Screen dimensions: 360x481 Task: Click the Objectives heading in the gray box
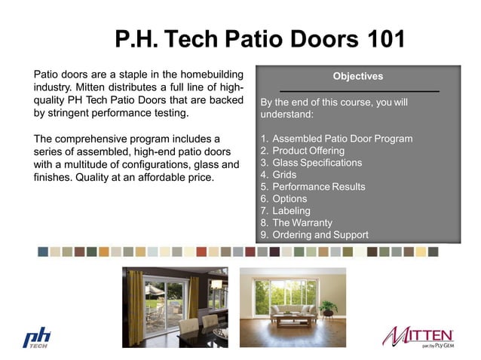pyautogui.click(x=357, y=76)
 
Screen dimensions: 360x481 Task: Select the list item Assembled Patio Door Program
pyautogui.click(x=342, y=139)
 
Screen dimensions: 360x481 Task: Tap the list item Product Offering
pyautogui.click(x=308, y=151)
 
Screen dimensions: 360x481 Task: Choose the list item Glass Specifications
pyautogui.click(x=317, y=163)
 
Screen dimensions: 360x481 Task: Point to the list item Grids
pyautogui.click(x=286, y=175)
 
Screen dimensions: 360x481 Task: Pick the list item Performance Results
pyautogui.click(x=318, y=187)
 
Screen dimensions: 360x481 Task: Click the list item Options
pyautogui.click(x=290, y=199)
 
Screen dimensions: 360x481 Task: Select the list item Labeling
pyautogui.click(x=291, y=211)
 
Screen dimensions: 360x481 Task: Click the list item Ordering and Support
pyautogui.click(x=320, y=235)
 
